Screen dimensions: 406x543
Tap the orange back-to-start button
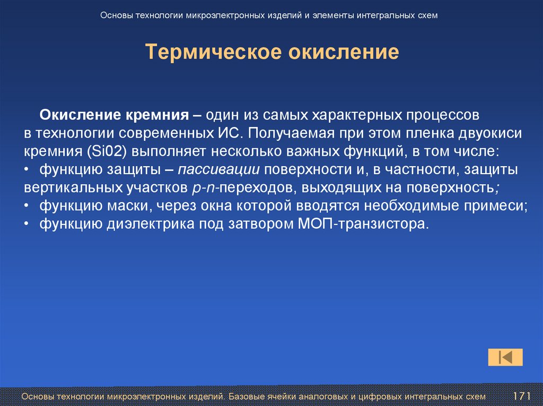tap(505, 357)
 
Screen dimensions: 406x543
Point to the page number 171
tap(522, 396)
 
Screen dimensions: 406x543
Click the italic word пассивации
tap(218, 170)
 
